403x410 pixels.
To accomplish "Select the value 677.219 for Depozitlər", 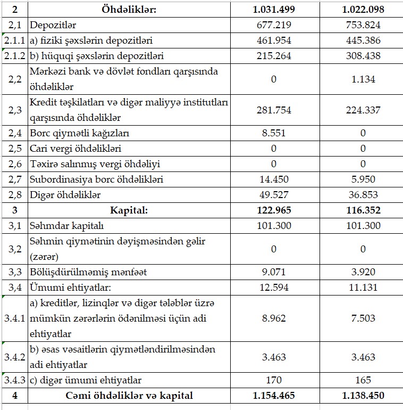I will tap(274, 25).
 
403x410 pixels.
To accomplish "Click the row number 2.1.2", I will tap(14, 56).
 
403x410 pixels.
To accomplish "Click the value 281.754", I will tap(274, 110).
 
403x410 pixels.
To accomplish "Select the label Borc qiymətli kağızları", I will tap(80, 133).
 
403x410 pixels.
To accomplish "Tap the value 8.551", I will tap(274, 133).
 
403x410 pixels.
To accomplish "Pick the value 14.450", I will tap(274, 179).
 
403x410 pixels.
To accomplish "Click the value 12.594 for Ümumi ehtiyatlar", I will tap(274, 288).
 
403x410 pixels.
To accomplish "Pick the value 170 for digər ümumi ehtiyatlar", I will tap(274, 380).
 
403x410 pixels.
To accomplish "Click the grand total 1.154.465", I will tap(274, 396).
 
